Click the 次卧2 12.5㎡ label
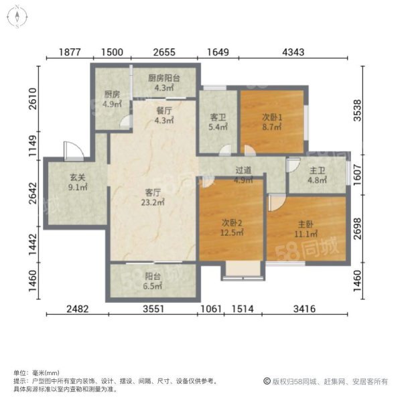231,228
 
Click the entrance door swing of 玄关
70,151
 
